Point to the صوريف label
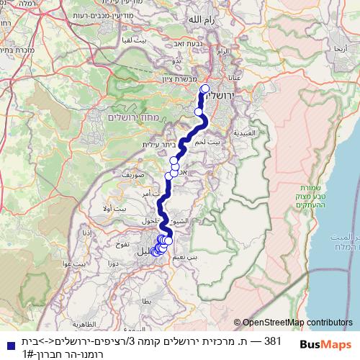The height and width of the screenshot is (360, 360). [135, 174]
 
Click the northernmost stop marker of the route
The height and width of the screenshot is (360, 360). [204, 89]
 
